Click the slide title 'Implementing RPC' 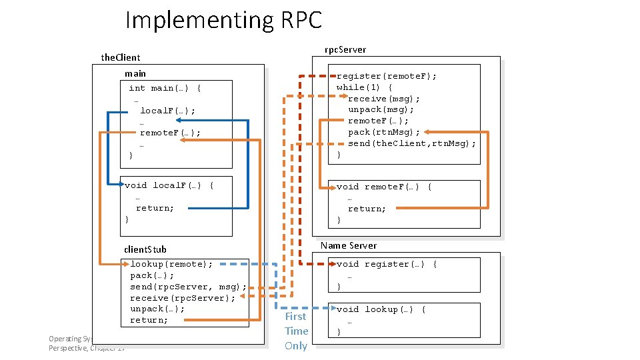click(223, 20)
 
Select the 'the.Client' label click(121, 57)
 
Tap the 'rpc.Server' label click(345, 49)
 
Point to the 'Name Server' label click(348, 245)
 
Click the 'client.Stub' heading click(145, 249)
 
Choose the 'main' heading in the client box click(135, 73)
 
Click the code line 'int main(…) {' click(165, 88)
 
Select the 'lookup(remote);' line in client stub click(171, 264)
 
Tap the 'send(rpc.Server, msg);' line click(188, 287)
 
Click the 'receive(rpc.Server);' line click(183, 298)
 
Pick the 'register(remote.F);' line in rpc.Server click(387, 76)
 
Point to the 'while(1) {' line click(364, 87)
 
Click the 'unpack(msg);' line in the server click(381, 109)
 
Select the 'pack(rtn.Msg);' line click(384, 132)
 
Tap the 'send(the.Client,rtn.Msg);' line click(412, 143)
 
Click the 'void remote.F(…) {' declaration click(384, 187)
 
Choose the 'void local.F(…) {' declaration click(169, 185)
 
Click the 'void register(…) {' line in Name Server click(387, 264)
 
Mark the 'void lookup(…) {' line click(381, 309)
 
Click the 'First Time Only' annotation click(296, 331)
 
